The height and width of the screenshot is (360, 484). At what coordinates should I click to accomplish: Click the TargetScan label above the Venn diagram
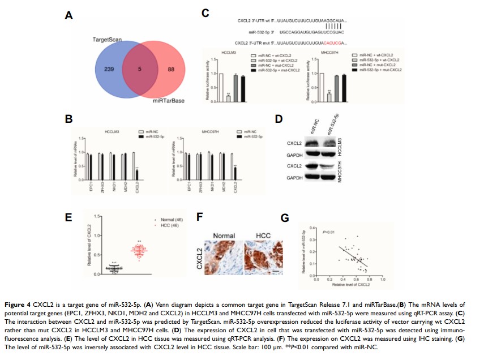click(108, 39)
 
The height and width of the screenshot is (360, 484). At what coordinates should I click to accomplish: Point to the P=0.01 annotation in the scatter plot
click(329, 232)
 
